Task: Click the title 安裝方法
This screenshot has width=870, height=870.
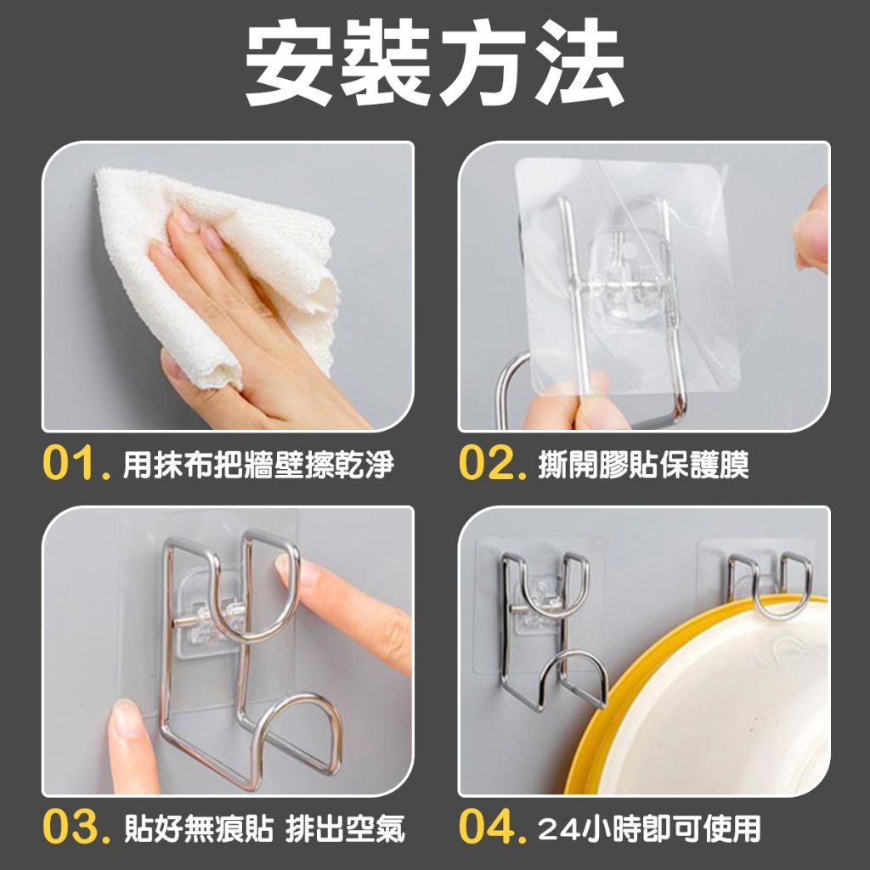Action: pos(434,62)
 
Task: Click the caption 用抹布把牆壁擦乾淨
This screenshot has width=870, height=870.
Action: pos(257,465)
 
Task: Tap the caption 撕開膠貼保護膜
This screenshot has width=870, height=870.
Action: pos(644,465)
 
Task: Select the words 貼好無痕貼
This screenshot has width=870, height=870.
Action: pos(198,828)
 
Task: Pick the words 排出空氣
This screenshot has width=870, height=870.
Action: pos(345,828)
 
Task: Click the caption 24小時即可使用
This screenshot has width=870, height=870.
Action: pos(649,828)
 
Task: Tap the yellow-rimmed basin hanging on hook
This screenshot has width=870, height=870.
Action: pos(704,693)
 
